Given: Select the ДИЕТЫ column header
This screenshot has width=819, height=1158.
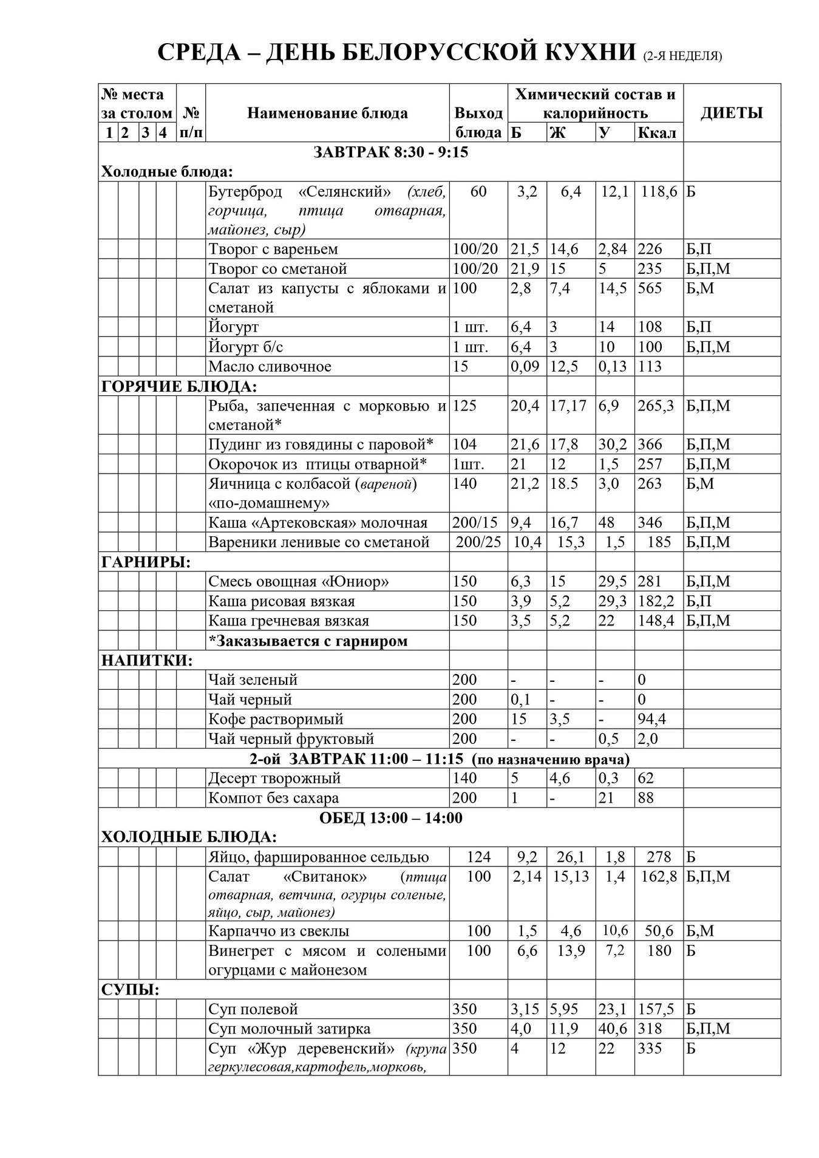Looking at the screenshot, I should point(731,113).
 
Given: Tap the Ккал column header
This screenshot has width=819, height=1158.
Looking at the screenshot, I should point(657,132).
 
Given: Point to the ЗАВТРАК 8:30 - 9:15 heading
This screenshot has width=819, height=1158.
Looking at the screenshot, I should point(390,152).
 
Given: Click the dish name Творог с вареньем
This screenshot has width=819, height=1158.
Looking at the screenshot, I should point(273,249).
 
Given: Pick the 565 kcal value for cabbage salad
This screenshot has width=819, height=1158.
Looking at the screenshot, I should point(650,288).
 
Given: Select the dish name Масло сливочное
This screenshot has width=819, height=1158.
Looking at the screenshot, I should point(270,366).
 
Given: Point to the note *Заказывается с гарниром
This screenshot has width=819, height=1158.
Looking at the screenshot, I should point(308,641).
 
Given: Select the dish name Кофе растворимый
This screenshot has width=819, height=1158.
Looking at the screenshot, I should point(276,719).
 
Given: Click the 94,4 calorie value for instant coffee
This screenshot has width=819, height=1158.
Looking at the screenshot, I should point(651,719).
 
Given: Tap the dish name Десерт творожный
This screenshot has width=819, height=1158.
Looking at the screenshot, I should point(274,778).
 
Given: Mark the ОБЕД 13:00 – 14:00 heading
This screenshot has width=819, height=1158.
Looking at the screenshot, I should point(390,818).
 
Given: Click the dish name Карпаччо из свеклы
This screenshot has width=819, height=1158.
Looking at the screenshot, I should point(279,931).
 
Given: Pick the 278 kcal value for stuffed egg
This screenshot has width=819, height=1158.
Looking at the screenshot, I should point(658,857).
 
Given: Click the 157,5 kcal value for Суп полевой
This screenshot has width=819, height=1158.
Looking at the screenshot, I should point(656,1009).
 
